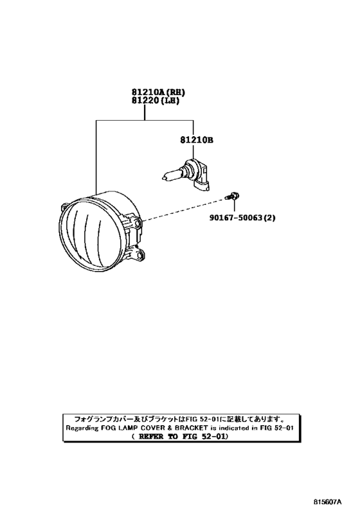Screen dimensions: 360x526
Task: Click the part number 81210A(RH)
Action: pyautogui.click(x=159, y=92)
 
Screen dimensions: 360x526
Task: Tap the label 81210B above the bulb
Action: pyautogui.click(x=197, y=140)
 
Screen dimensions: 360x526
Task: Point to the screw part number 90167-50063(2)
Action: pyautogui.click(x=242, y=218)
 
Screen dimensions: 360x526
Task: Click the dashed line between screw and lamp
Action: pyautogui.click(x=184, y=209)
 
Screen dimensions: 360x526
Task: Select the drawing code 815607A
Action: pyautogui.click(x=327, y=511)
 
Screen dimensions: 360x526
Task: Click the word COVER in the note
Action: pyautogui.click(x=153, y=428)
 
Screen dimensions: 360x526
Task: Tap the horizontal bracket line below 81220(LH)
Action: pyautogui.click(x=145, y=119)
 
